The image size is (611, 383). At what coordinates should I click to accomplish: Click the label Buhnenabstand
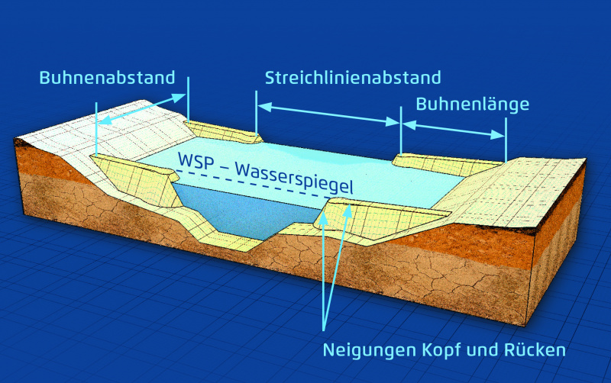pos(107,78)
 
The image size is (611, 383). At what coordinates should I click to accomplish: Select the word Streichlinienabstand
pos(353,78)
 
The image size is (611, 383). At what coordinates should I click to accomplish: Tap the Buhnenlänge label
pos(473,105)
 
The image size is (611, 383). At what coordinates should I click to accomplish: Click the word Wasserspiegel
pos(294,179)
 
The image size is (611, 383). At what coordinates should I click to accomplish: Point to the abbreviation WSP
pos(196,160)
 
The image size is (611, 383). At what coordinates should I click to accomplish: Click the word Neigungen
pos(370,351)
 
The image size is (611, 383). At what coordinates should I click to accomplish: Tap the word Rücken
pos(535,350)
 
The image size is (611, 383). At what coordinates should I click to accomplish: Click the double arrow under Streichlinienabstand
pos(329,114)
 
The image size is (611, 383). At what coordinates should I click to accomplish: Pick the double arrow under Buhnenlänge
pos(454,130)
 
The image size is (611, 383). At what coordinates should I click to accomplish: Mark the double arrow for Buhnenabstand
pos(142,109)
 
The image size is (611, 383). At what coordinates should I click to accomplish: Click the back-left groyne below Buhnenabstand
pos(223,131)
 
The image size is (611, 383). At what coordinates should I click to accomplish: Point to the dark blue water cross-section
pos(244,210)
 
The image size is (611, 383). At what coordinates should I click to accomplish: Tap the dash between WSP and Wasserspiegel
pos(224,166)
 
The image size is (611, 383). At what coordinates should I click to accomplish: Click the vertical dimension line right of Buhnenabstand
pos(188,99)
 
